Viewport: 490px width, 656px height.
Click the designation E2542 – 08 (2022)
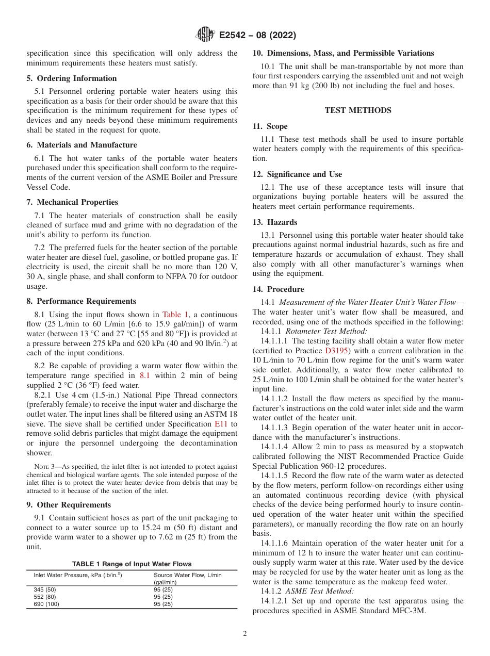click(x=257, y=36)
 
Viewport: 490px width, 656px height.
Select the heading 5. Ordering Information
click(x=72, y=78)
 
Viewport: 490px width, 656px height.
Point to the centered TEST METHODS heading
click(x=357, y=110)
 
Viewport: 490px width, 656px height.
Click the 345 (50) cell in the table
click(x=44, y=589)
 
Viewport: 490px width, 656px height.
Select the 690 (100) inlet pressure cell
click(x=46, y=604)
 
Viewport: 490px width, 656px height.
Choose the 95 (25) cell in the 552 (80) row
click(x=163, y=597)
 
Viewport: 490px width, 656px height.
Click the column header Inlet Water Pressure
click(x=77, y=575)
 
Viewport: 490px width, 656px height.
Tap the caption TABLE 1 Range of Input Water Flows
click(x=132, y=564)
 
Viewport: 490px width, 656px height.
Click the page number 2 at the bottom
click(x=245, y=634)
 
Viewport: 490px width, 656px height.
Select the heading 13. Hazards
click(x=275, y=222)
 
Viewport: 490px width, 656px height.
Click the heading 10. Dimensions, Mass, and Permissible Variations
click(x=343, y=53)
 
